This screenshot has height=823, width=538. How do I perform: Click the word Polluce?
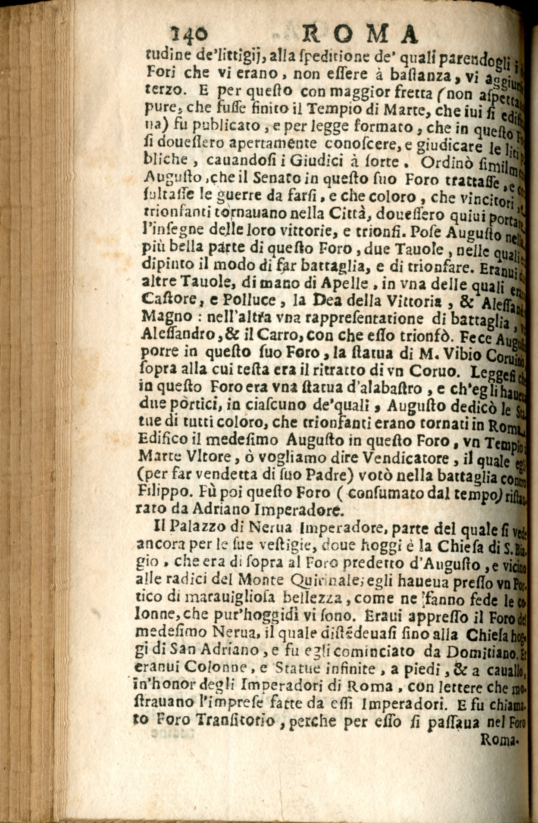[223, 299]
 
